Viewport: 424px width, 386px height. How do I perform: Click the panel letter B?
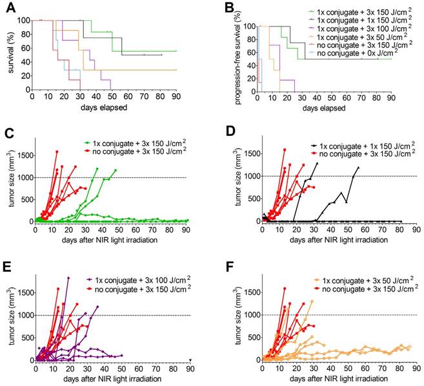217,8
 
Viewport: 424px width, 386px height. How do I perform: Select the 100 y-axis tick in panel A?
25,20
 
